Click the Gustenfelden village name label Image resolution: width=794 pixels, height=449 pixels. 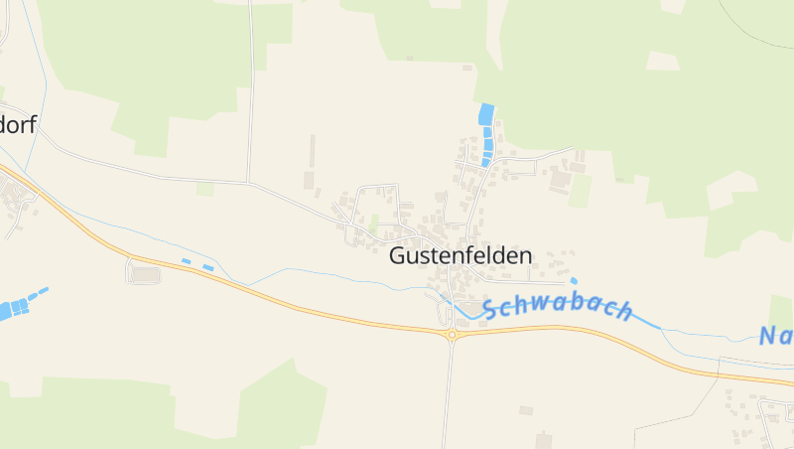point(460,255)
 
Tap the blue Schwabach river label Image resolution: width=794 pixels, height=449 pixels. point(558,308)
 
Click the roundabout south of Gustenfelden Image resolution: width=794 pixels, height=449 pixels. point(452,336)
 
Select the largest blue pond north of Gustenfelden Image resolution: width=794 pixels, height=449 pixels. point(485,114)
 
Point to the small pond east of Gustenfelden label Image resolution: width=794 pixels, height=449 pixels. point(574,281)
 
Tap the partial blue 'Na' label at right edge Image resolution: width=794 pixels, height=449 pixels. point(776,336)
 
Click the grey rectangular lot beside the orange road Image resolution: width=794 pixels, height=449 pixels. point(145,274)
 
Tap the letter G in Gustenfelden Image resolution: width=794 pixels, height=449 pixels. point(397,255)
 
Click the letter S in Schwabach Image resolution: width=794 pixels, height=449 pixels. point(490,310)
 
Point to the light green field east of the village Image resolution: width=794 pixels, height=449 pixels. point(580,191)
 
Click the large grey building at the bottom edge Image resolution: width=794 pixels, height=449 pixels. point(543,438)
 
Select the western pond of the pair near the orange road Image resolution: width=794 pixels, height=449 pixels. point(187,261)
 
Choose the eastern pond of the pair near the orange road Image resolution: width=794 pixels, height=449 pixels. point(207,267)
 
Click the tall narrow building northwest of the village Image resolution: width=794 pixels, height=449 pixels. point(312,151)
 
